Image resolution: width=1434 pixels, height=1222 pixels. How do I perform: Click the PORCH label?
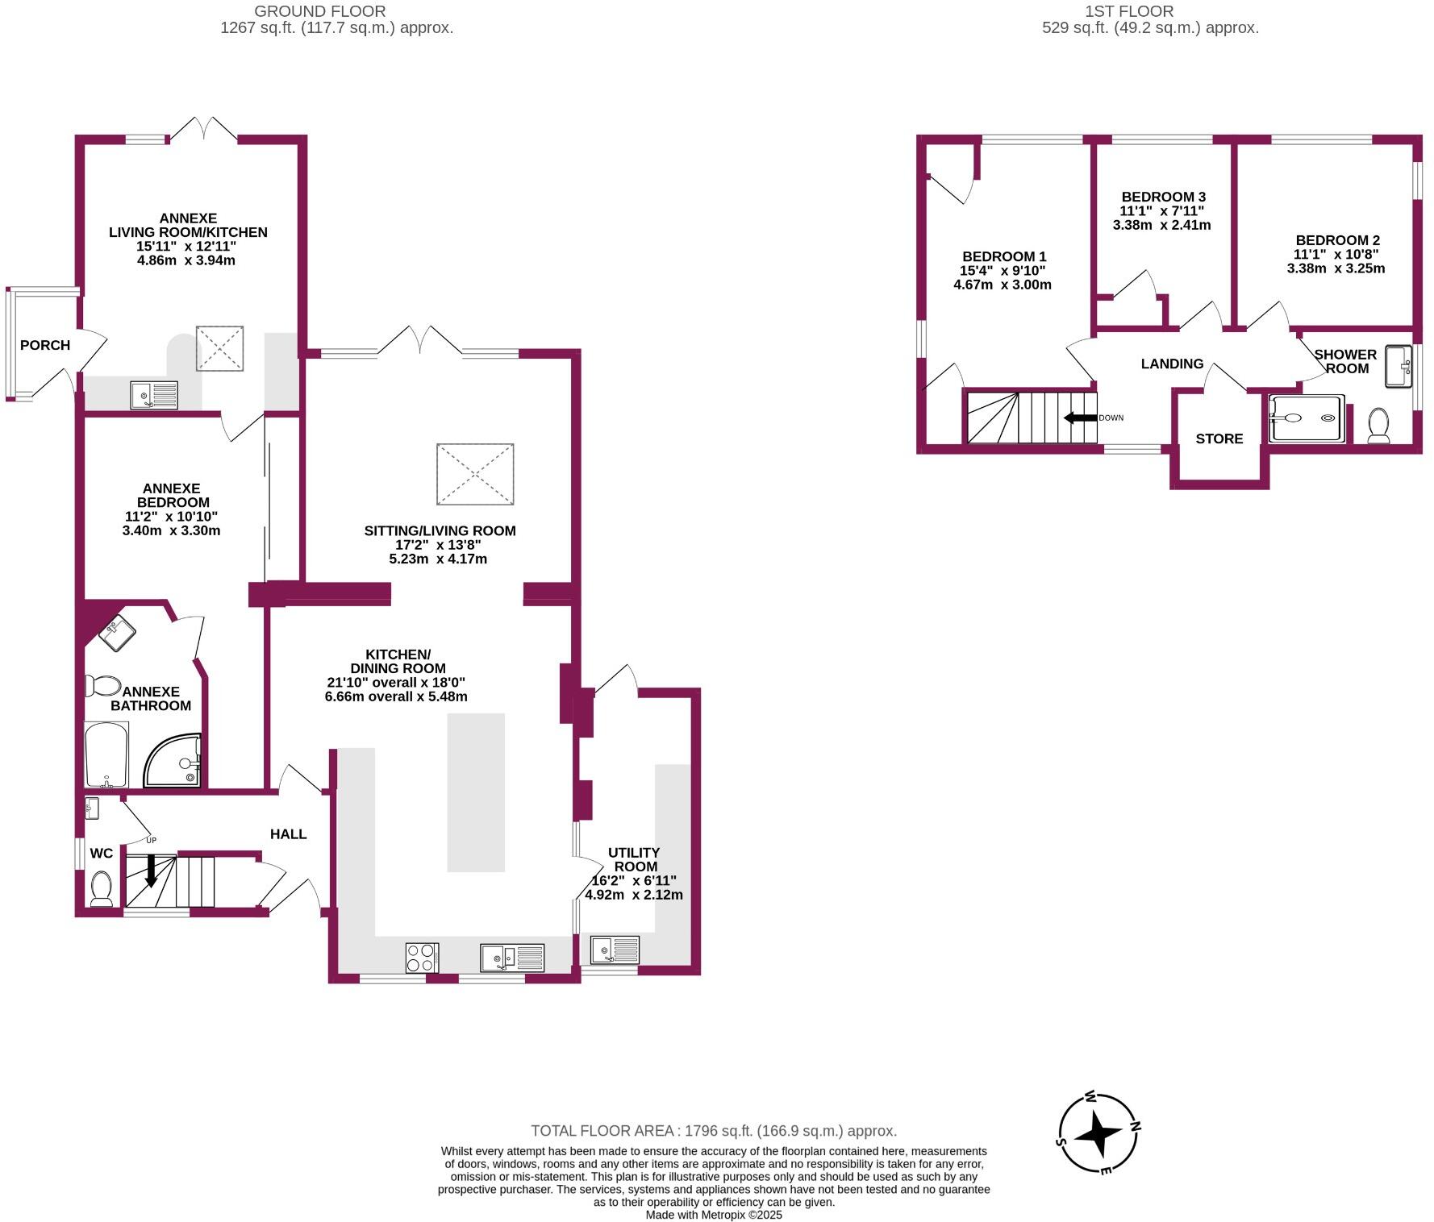click(45, 345)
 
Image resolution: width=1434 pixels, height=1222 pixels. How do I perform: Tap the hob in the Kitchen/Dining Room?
click(422, 958)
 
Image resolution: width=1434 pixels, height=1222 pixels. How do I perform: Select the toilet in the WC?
click(102, 888)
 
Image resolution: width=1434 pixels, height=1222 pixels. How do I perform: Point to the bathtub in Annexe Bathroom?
click(106, 755)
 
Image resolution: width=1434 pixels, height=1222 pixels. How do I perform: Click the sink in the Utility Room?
click(615, 950)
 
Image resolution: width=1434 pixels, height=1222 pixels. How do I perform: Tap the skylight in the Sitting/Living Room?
click(475, 474)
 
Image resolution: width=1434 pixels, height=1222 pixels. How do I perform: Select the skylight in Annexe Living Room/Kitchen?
click(219, 348)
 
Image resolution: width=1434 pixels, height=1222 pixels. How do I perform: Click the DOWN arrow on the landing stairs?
click(1081, 418)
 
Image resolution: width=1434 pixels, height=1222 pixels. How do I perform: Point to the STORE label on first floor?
click(1219, 439)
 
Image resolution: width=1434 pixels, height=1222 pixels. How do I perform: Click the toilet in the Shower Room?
click(1378, 425)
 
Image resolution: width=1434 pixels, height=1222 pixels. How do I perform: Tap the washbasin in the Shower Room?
click(1397, 367)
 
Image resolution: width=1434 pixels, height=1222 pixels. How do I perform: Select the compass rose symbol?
click(1098, 1133)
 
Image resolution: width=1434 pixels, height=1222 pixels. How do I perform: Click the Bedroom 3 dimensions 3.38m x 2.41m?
click(1161, 225)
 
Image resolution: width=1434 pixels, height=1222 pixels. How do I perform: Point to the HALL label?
click(288, 833)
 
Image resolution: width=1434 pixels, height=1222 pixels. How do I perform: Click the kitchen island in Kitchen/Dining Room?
click(476, 792)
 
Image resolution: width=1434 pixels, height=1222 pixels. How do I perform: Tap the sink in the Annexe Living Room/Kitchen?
click(154, 395)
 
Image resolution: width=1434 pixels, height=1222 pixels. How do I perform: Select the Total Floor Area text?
click(713, 1131)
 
